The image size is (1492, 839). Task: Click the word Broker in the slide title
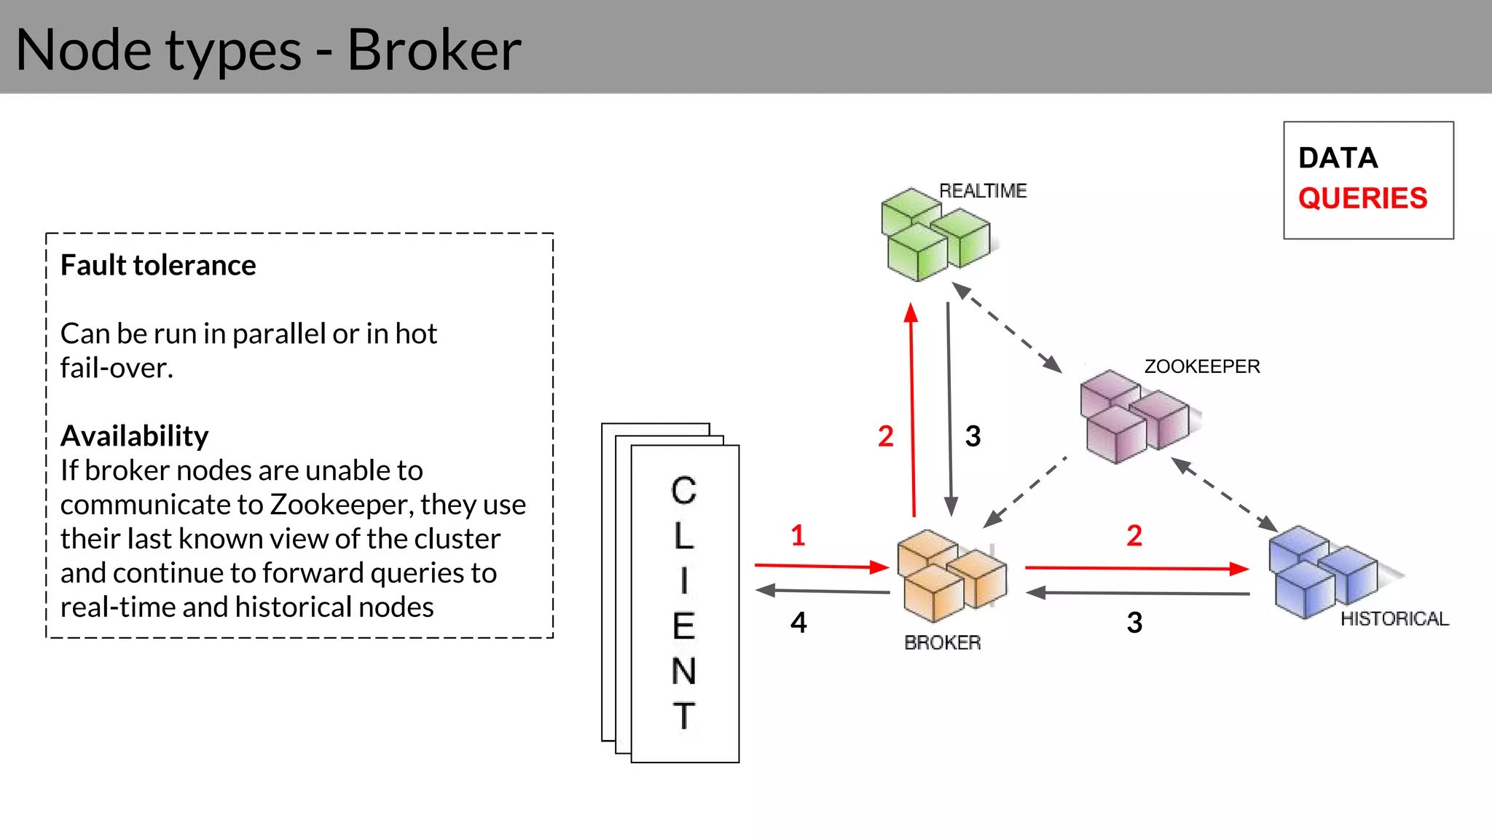click(x=434, y=50)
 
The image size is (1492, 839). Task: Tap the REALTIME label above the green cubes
click(x=982, y=191)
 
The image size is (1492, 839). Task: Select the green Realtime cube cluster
click(x=934, y=235)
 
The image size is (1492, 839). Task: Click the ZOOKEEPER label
click(x=1201, y=366)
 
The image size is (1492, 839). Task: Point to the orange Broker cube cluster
click(x=950, y=575)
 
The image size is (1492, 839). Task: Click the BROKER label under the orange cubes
click(x=942, y=642)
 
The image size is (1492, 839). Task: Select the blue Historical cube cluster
click(x=1322, y=572)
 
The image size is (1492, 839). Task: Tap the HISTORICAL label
click(x=1394, y=619)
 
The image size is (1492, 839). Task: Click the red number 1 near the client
click(x=798, y=536)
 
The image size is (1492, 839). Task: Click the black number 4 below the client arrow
click(x=798, y=623)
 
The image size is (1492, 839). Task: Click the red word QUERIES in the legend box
click(x=1362, y=199)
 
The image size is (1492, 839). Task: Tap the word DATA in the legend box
click(x=1338, y=158)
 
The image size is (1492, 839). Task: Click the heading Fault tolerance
click(x=158, y=266)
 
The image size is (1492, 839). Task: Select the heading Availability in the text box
click(x=135, y=436)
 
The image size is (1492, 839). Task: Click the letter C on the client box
click(x=683, y=491)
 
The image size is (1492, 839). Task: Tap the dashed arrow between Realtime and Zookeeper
click(x=1007, y=327)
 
